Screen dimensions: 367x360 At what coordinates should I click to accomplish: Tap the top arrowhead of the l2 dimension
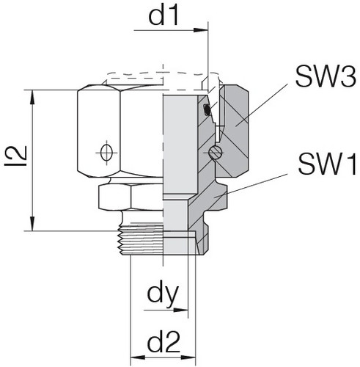[32, 95]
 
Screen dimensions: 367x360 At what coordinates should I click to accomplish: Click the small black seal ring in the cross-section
[207, 110]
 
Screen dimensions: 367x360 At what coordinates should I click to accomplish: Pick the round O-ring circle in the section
[214, 153]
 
